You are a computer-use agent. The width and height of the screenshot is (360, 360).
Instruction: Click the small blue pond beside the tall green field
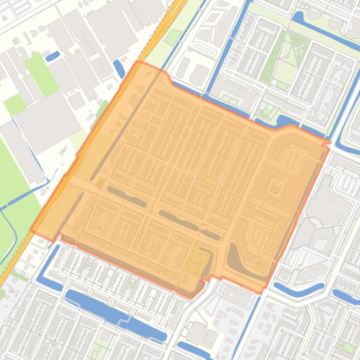click(52, 56)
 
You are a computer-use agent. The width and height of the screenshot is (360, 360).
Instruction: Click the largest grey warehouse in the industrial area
click(47, 119)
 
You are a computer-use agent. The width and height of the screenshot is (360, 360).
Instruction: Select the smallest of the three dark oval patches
click(211, 234)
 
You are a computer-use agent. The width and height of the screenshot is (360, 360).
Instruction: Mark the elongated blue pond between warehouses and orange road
click(119, 69)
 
